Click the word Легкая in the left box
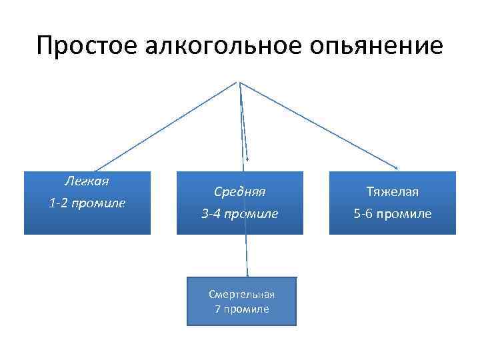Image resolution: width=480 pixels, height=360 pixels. tap(87, 181)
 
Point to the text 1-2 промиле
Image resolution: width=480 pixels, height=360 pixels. tap(87, 203)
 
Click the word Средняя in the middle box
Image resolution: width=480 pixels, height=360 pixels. tap(240, 191)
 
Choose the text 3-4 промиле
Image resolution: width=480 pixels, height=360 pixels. tap(240, 214)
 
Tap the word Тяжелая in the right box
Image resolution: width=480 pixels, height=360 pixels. tap(393, 192)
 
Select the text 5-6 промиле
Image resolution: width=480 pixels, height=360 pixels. tap(393, 214)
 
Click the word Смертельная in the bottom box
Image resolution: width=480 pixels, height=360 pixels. tap(241, 294)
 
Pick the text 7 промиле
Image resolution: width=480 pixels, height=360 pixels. tap(241, 309)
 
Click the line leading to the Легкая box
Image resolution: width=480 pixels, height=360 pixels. tap(167, 126)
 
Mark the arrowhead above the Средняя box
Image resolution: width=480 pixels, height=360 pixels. tap(247, 159)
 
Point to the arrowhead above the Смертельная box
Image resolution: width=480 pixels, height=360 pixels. tap(247, 273)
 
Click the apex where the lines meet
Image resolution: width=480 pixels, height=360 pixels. tap(238, 83)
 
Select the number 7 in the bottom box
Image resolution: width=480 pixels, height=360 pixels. tap(217, 309)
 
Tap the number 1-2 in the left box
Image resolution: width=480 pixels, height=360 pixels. tap(58, 203)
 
